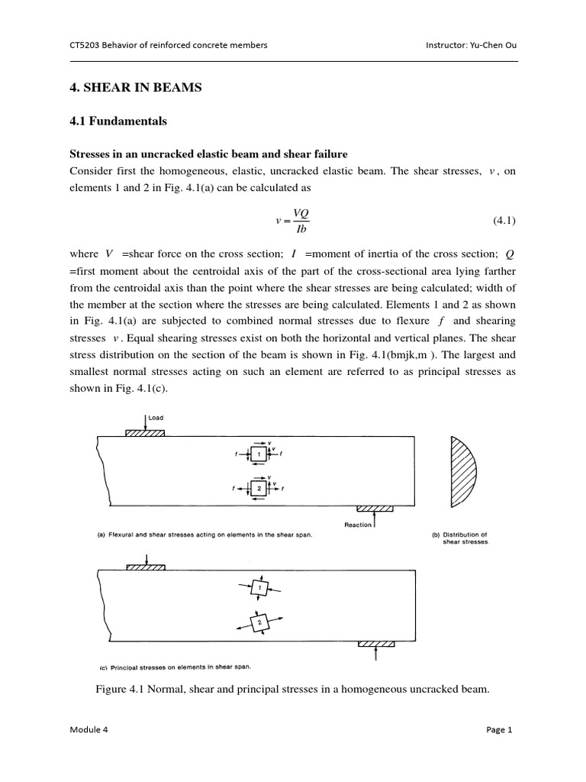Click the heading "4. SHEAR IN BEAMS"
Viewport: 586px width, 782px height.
[x=135, y=88]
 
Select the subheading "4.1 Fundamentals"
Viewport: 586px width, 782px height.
[x=118, y=121]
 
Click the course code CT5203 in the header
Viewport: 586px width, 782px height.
[x=88, y=45]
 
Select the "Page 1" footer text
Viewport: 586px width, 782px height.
[x=499, y=729]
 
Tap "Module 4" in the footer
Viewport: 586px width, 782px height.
[x=89, y=729]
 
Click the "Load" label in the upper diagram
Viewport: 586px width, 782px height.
[x=156, y=418]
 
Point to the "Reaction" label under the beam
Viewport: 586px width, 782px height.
[x=359, y=525]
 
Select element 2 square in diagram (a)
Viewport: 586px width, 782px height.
[x=259, y=488]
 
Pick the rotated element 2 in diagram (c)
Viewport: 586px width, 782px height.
[x=259, y=622]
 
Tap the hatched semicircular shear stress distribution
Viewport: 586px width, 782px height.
[x=462, y=472]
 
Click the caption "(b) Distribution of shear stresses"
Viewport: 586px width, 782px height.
[x=459, y=538]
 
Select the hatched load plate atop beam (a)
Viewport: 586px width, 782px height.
[x=145, y=432]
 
